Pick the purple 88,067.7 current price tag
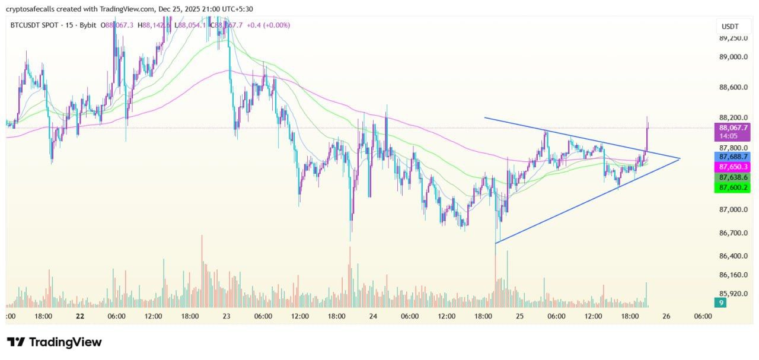coord(734,128)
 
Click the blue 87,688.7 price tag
coord(734,157)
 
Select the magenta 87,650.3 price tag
coord(734,167)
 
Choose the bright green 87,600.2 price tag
coord(734,187)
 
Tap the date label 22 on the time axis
coord(80,317)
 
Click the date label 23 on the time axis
coord(227,317)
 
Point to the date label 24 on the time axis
coord(373,317)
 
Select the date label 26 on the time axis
coord(666,317)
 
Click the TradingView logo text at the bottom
coord(65,342)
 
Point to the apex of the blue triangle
coord(680,158)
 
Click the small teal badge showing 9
coord(720,303)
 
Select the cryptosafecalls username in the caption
coord(33,9)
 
